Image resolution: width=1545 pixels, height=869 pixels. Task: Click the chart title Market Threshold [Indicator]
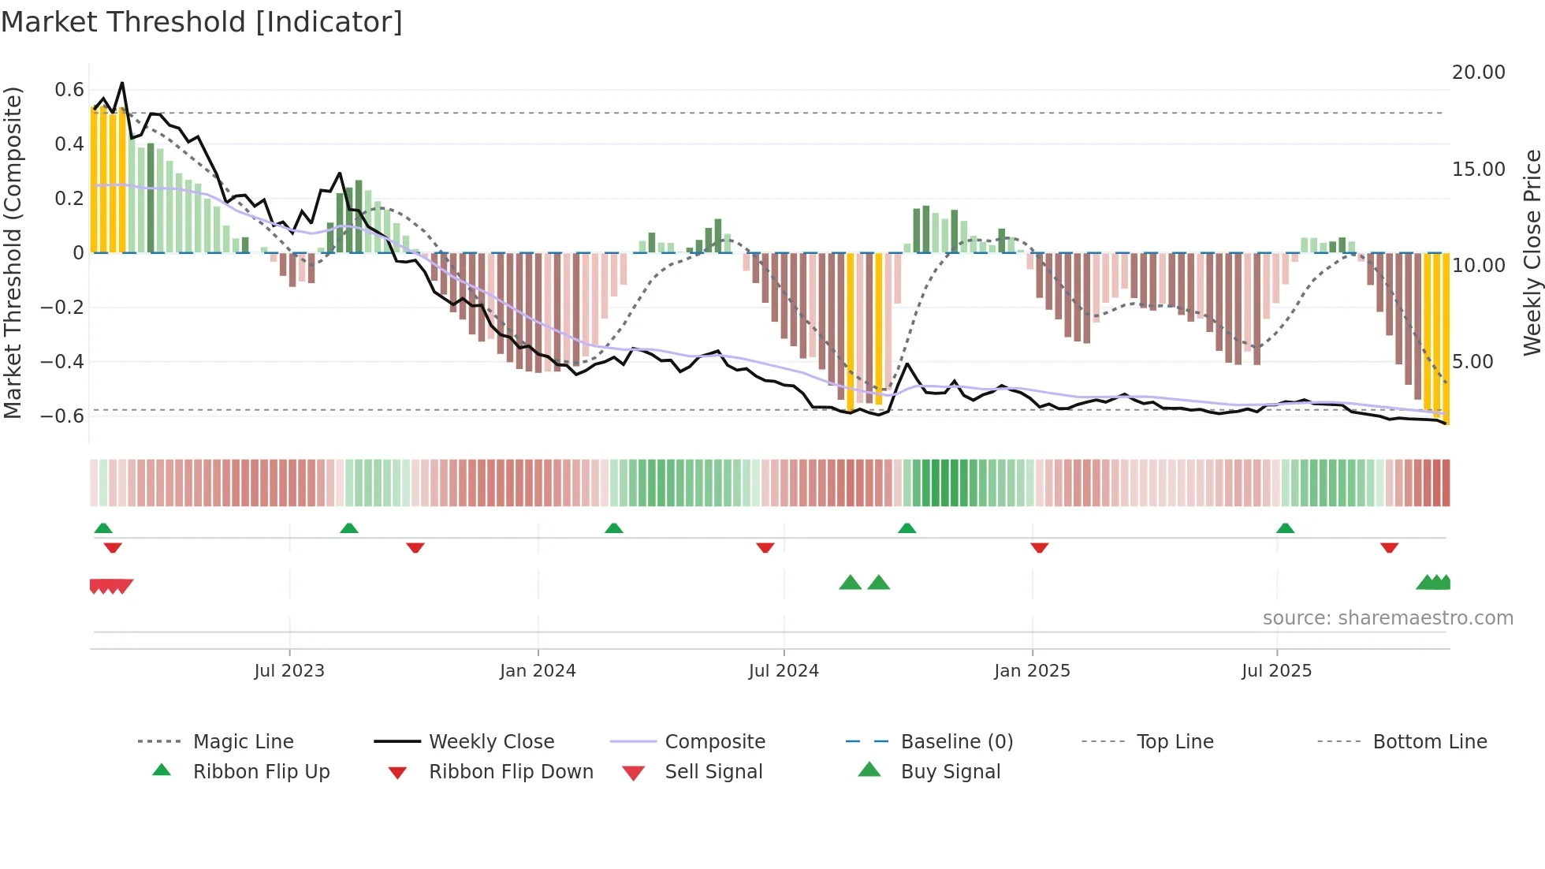202,22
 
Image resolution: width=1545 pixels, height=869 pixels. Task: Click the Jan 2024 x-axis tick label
538,670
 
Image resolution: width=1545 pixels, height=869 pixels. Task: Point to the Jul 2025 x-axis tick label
1276,670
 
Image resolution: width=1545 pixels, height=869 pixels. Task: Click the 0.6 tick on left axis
69,90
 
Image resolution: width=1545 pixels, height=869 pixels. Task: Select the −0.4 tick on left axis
62,362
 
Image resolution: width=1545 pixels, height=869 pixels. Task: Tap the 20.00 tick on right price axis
1478,73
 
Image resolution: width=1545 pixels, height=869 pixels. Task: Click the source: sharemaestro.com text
1387,617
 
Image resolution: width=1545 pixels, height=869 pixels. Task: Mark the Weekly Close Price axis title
1532,252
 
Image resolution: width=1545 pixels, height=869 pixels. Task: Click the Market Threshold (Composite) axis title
13,252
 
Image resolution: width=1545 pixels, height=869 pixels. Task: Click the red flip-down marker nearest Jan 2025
1039,547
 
